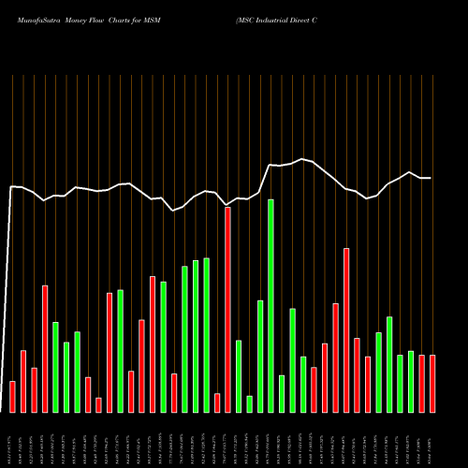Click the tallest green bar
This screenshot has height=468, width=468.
(x=271, y=305)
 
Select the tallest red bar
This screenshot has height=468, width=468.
(x=227, y=309)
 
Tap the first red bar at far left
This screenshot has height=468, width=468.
(x=12, y=396)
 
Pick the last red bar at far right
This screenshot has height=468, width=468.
(x=432, y=383)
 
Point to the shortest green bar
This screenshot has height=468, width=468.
(x=249, y=403)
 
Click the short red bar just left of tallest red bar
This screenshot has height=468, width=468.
(x=217, y=402)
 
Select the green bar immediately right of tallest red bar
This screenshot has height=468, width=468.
(x=239, y=375)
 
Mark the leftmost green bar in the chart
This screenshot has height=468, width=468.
(x=55, y=367)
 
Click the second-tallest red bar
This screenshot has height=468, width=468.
(x=346, y=329)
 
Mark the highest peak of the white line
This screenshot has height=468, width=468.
(x=302, y=159)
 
